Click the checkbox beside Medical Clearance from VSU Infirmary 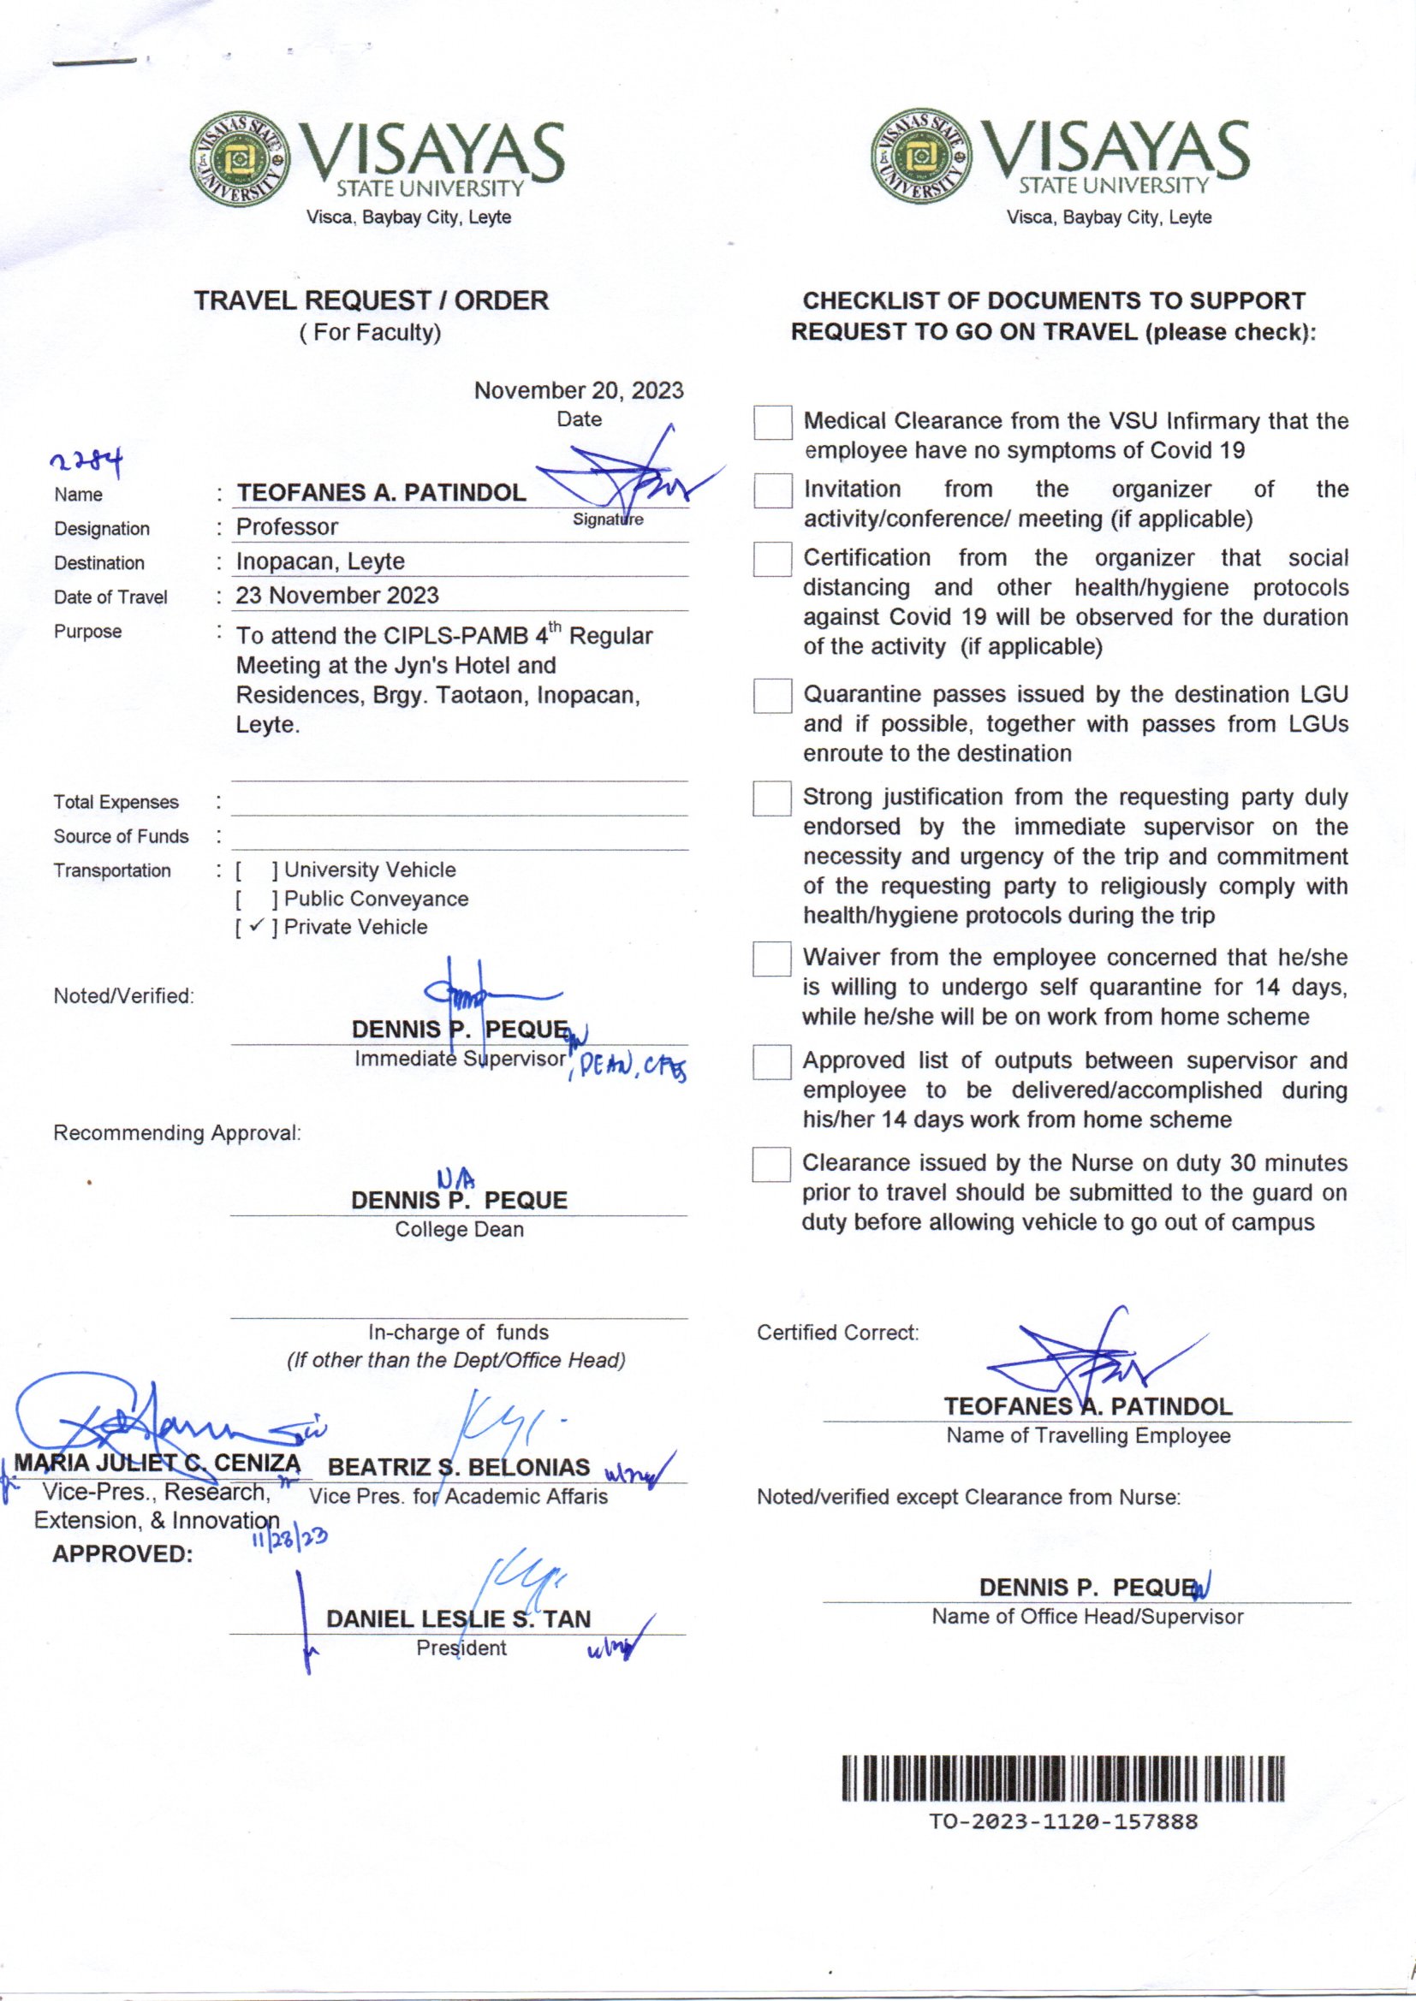[772, 424]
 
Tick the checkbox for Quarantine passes [772, 697]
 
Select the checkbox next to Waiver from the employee [771, 959]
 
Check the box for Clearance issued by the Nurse [771, 1164]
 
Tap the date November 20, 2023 [578, 390]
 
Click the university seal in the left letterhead [237, 160]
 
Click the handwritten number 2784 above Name [86, 460]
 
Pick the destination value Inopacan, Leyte [320, 561]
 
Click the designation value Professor [287, 527]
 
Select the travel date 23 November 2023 [336, 597]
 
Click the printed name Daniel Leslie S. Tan [458, 1619]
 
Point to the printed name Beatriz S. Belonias [459, 1467]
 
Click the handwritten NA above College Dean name [456, 1180]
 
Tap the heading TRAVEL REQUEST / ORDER [371, 300]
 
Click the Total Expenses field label [116, 802]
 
